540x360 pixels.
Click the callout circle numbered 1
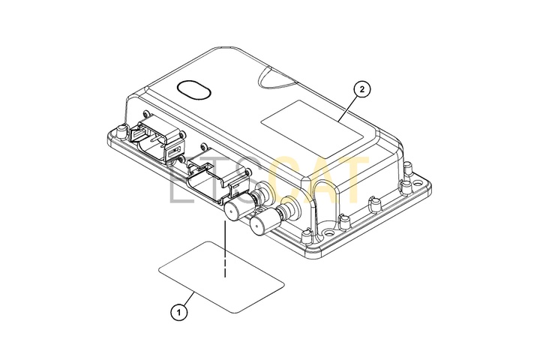(179, 313)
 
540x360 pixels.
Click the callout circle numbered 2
(361, 89)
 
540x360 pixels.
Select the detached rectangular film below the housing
(221, 277)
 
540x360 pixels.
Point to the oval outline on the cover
(193, 90)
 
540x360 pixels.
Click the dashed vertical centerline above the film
(225, 249)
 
